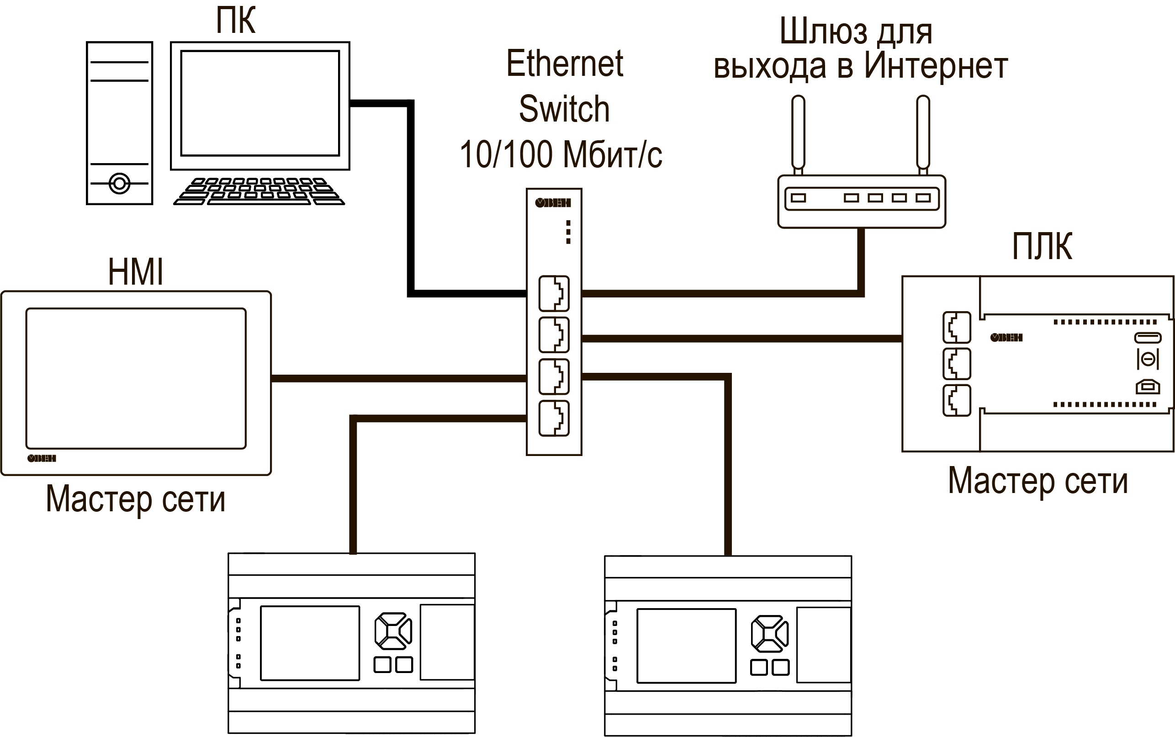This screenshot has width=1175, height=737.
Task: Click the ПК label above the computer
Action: pos(236,21)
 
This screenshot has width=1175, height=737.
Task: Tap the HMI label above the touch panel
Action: pos(136,272)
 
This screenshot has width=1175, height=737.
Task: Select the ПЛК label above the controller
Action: pos(1042,247)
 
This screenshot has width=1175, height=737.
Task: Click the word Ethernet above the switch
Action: pos(564,64)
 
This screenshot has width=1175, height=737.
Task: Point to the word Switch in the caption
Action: pos(564,109)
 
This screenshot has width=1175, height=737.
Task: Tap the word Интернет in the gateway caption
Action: pos(936,66)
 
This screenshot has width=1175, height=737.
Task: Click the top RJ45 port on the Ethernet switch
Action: pos(554,293)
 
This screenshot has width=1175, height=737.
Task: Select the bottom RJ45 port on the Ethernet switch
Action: pos(554,418)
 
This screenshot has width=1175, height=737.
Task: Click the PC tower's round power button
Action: pos(119,184)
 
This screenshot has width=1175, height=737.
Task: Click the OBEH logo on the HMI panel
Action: pos(42,458)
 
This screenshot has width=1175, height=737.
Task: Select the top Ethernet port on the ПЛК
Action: pos(957,328)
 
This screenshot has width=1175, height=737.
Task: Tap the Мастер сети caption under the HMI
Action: pos(136,499)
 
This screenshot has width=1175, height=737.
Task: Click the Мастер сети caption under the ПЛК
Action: pos(1037,481)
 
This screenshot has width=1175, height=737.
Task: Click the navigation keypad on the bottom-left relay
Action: pos(393,631)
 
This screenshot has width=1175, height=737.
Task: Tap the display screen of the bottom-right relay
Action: pos(686,645)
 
